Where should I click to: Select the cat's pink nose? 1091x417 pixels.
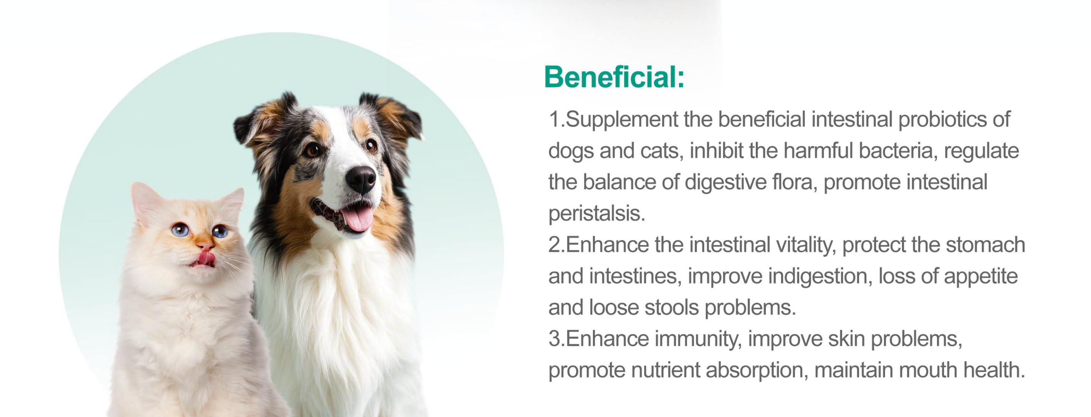pyautogui.click(x=206, y=245)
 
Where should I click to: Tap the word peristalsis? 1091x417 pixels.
pyautogui.click(x=597, y=213)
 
